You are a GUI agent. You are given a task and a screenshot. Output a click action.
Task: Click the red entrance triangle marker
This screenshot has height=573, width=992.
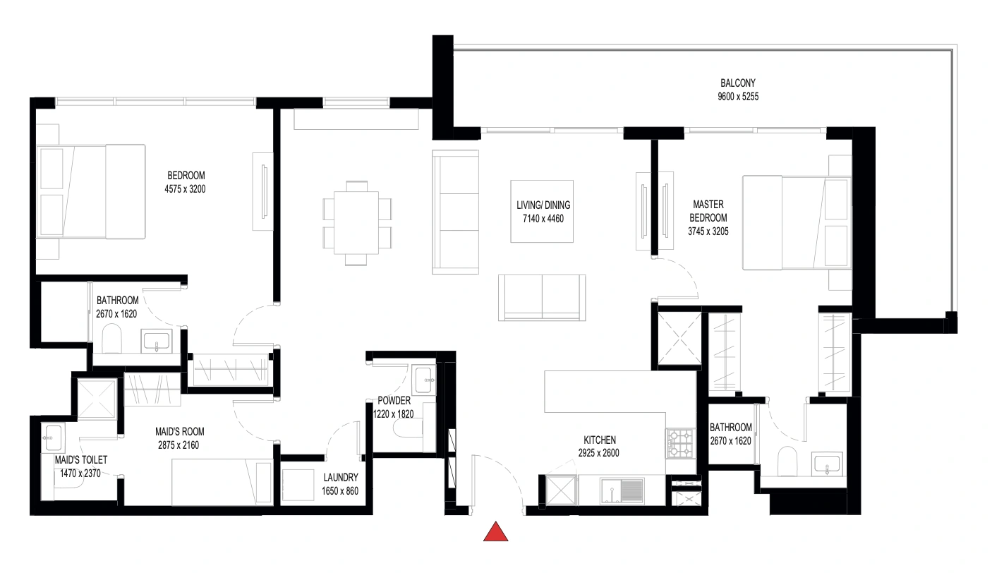point(495,531)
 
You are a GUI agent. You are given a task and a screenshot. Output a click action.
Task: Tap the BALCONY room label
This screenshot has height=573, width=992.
point(738,83)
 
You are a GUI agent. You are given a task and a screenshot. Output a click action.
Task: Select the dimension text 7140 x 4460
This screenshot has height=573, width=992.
point(543,218)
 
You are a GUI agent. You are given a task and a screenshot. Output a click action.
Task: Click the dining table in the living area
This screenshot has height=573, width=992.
point(356,223)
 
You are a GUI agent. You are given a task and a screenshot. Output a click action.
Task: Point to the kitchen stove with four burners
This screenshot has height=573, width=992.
point(681,443)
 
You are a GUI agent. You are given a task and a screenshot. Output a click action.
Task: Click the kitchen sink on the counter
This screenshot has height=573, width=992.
point(622,490)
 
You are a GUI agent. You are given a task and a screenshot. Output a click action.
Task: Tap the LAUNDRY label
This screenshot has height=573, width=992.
point(341,477)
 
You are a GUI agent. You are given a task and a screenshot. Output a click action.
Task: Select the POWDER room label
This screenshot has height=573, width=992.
point(394,401)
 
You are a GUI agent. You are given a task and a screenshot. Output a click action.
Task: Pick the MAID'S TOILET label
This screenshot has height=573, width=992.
point(81,460)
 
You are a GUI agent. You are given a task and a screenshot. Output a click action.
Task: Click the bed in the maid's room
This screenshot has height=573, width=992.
point(222,482)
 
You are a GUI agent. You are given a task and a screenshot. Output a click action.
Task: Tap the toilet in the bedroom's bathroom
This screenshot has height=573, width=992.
point(111,338)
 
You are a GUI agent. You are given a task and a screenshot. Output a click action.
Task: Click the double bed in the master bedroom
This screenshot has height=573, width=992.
point(797,223)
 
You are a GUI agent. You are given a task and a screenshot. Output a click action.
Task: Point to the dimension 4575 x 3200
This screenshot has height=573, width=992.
point(185,189)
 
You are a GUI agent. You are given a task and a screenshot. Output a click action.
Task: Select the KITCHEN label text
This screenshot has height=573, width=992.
point(599,440)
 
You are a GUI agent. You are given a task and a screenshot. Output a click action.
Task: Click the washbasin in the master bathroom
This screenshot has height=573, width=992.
point(827,464)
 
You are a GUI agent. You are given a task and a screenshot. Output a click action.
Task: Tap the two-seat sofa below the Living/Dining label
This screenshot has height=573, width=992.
point(542,298)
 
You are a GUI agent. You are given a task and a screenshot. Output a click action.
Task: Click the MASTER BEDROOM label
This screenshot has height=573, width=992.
point(708,211)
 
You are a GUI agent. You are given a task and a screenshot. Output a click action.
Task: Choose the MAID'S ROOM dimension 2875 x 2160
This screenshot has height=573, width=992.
point(179,445)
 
